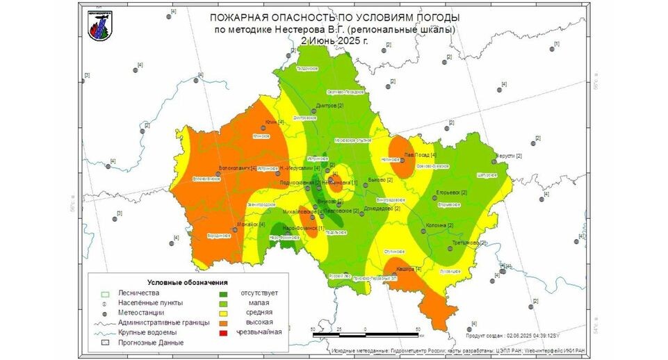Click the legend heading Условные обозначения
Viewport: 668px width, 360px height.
click(x=188, y=282)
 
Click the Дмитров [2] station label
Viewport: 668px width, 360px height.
click(x=330, y=106)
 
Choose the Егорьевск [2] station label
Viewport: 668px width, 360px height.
click(x=451, y=192)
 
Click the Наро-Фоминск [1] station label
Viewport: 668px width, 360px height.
click(x=303, y=227)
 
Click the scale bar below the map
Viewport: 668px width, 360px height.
click(x=366, y=334)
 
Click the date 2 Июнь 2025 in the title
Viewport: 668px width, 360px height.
click(x=335, y=40)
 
